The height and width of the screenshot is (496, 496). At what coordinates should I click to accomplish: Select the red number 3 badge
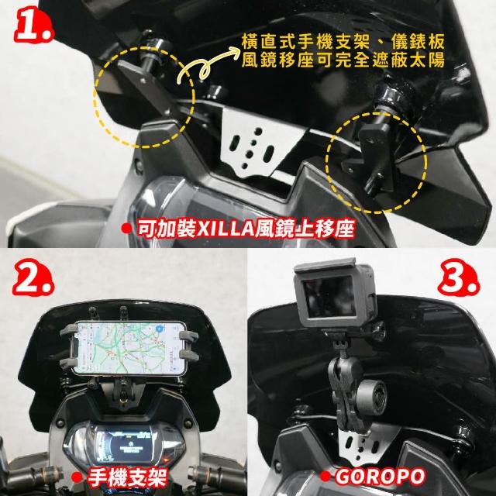click(x=459, y=277)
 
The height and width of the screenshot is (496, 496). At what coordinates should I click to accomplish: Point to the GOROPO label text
click(x=381, y=477)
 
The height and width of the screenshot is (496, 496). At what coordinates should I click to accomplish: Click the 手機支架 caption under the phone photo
click(x=127, y=477)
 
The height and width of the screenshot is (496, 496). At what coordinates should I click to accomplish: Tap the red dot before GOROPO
click(x=325, y=476)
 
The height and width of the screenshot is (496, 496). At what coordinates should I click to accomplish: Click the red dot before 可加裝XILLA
click(x=126, y=229)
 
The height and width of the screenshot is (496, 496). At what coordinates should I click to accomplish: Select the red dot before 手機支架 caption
click(x=77, y=477)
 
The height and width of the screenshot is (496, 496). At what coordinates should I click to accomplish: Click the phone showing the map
click(x=129, y=348)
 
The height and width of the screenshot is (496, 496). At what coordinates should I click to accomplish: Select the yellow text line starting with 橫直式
click(x=343, y=41)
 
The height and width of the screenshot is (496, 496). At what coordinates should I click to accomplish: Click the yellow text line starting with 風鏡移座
click(x=343, y=60)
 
